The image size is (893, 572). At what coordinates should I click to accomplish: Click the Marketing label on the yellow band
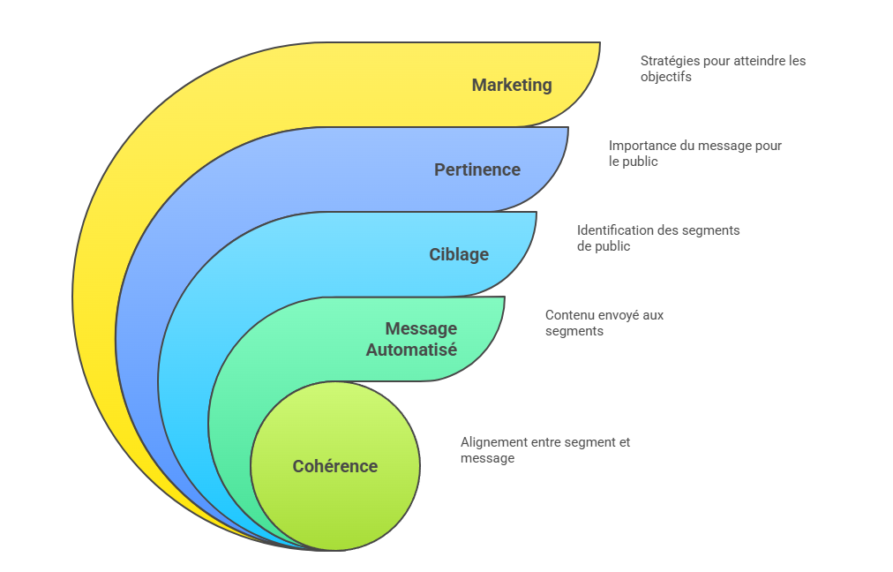[512, 86]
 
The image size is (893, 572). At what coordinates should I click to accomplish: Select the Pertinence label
[477, 170]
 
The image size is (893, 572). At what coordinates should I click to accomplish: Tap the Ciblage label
[459, 255]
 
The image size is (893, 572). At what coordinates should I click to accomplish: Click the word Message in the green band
[421, 329]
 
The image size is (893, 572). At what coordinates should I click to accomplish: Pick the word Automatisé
[411, 350]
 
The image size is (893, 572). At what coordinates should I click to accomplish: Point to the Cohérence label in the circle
[335, 467]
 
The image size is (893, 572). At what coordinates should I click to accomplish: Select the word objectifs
[666, 77]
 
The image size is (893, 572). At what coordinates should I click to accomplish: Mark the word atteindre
[749, 61]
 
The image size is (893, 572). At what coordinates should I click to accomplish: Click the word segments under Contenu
[574, 331]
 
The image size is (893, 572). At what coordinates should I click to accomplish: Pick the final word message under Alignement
[487, 458]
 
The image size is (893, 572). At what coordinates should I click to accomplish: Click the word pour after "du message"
[767, 146]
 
